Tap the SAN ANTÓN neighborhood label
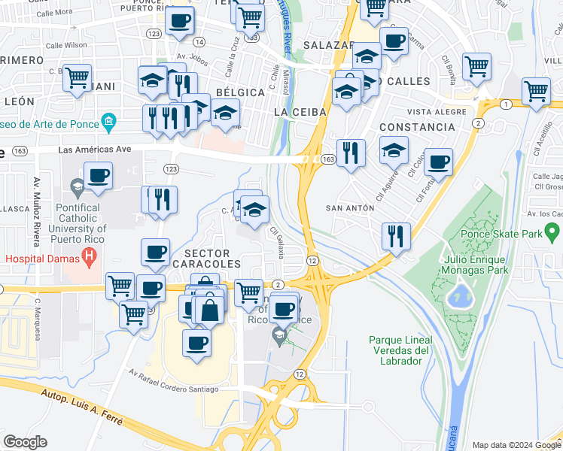click(350, 207)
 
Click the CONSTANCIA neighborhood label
click(417, 127)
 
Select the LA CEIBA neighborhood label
click(300, 111)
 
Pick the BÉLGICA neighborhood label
click(240, 92)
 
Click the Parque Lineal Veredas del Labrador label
click(399, 350)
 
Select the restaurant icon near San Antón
click(394, 236)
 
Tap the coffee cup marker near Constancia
click(438, 162)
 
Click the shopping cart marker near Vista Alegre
click(535, 92)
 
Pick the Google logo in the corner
click(25, 442)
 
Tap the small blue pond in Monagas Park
click(458, 296)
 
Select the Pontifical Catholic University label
click(67, 218)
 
